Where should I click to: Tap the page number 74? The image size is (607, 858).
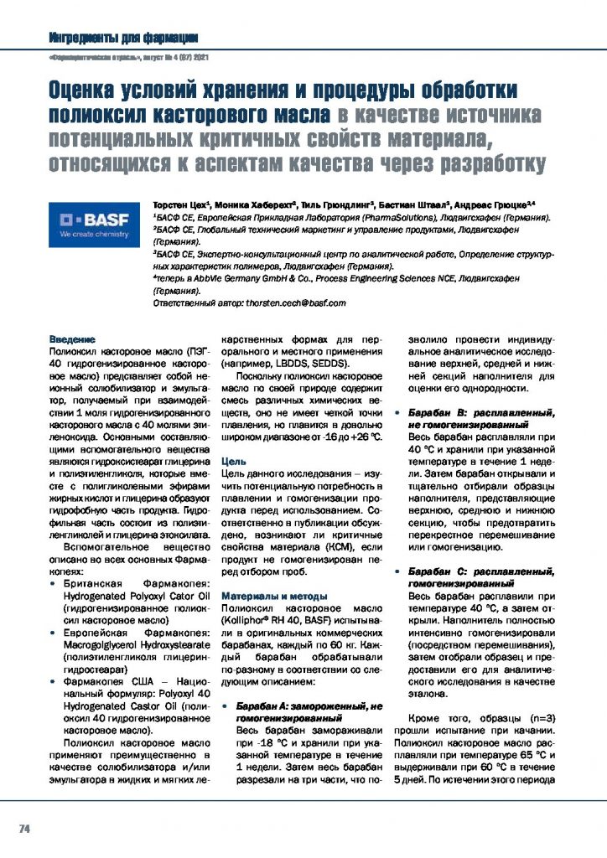coord(25,829)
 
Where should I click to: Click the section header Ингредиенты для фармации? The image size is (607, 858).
coord(123,38)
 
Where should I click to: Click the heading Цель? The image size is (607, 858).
coord(232,462)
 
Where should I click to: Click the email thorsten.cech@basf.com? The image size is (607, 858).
coord(292,302)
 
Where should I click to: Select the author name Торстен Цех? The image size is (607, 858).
coord(179,204)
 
